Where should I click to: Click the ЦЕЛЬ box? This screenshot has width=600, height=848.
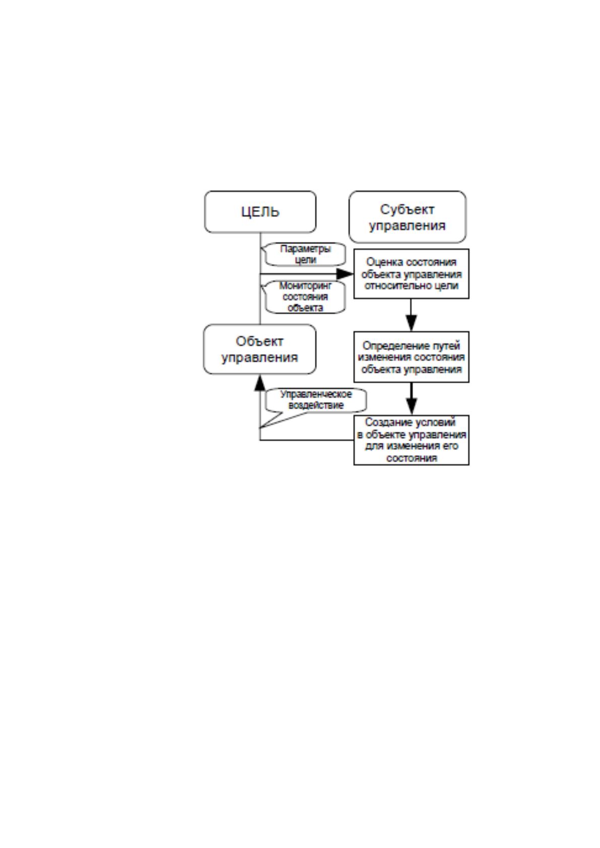click(260, 211)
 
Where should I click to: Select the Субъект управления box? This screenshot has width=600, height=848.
click(408, 217)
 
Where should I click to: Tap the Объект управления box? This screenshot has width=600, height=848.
click(260, 349)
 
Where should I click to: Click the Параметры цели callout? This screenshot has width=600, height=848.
click(305, 254)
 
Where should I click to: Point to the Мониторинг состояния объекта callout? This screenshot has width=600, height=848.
click(305, 297)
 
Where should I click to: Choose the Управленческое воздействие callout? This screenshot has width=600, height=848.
click(316, 400)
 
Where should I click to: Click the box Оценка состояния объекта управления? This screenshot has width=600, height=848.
click(412, 274)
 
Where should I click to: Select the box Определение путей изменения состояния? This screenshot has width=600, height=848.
click(412, 357)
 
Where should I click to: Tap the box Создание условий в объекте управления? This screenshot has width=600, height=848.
click(412, 440)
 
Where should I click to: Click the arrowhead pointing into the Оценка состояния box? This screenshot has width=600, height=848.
click(345, 274)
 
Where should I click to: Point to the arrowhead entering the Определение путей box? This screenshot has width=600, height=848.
click(412, 323)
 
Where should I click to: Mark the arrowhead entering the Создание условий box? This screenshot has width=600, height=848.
click(412, 407)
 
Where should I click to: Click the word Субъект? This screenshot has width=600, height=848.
click(407, 209)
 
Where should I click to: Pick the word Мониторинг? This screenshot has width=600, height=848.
click(305, 286)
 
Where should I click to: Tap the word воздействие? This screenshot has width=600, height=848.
click(316, 405)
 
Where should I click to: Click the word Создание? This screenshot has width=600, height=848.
click(382, 422)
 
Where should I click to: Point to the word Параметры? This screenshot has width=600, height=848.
click(305, 249)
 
